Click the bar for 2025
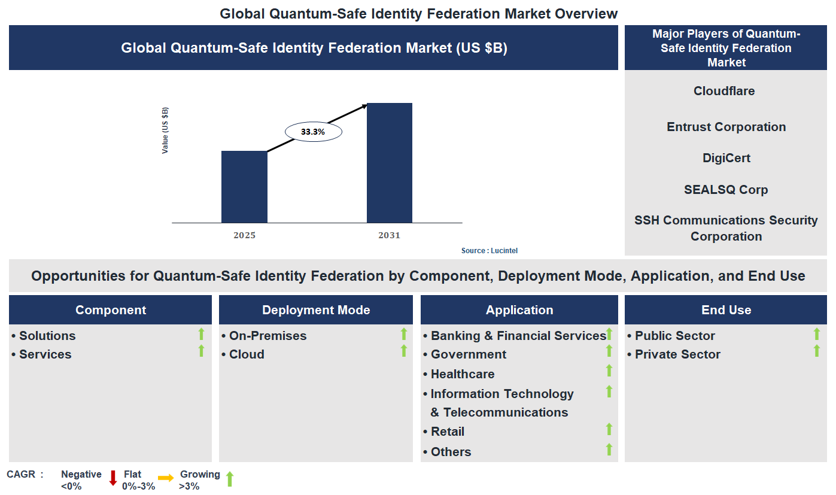(244, 187)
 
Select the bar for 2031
(389, 163)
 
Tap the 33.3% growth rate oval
(313, 132)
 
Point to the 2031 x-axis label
(389, 235)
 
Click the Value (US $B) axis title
(165, 130)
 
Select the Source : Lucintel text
(489, 251)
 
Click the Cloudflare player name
(724, 91)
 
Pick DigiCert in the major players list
(726, 158)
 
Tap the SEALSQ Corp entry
(726, 190)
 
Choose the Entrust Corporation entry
(726, 127)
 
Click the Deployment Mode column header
(316, 310)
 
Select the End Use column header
(726, 310)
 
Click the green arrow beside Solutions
(202, 334)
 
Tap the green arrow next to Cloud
(404, 351)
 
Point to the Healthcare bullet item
(463, 374)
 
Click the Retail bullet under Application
(448, 432)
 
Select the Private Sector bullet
(677, 354)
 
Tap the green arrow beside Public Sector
(817, 334)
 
